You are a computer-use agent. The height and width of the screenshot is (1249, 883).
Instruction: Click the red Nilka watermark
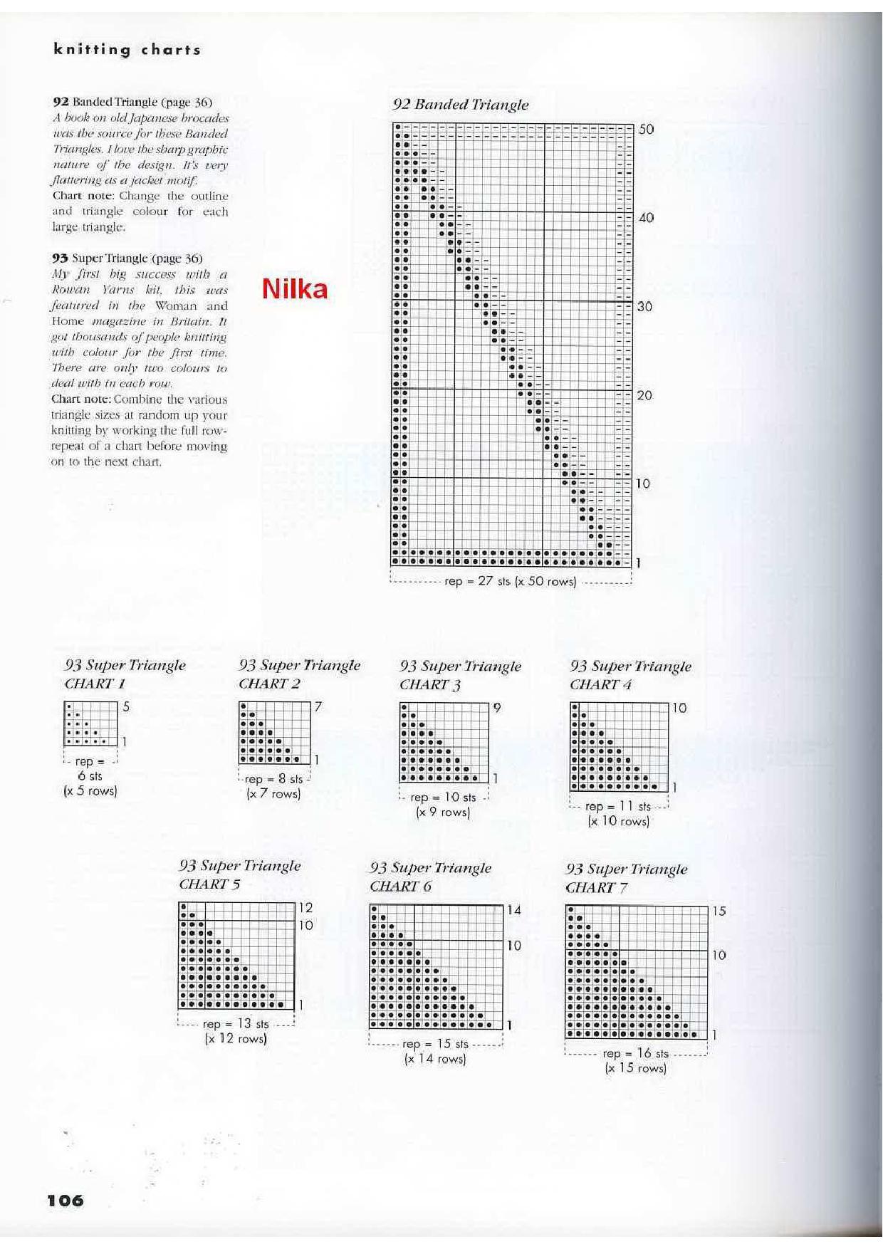click(295, 288)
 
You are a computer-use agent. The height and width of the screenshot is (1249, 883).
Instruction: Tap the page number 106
click(66, 1200)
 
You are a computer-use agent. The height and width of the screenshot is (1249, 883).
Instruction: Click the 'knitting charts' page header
click(127, 50)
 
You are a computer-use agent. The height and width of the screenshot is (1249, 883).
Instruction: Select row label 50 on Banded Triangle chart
click(646, 130)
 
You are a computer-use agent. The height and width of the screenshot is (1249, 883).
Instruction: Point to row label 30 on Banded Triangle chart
click(644, 307)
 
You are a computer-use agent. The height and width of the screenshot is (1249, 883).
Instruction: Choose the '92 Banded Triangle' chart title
click(460, 105)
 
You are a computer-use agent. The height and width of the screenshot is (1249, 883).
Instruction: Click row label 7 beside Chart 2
click(318, 706)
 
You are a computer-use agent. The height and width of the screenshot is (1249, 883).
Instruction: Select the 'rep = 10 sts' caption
click(443, 798)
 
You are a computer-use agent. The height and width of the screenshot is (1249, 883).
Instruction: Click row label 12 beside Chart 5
click(305, 908)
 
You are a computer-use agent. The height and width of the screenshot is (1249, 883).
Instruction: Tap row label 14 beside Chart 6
click(513, 910)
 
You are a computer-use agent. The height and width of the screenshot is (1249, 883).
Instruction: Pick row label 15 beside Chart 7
click(719, 911)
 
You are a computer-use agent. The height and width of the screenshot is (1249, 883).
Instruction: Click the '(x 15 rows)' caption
click(635, 1068)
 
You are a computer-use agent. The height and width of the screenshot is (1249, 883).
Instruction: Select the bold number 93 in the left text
click(60, 258)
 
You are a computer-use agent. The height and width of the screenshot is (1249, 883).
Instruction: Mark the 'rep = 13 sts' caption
click(236, 1024)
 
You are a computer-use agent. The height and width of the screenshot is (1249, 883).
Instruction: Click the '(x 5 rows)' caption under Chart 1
click(90, 790)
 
